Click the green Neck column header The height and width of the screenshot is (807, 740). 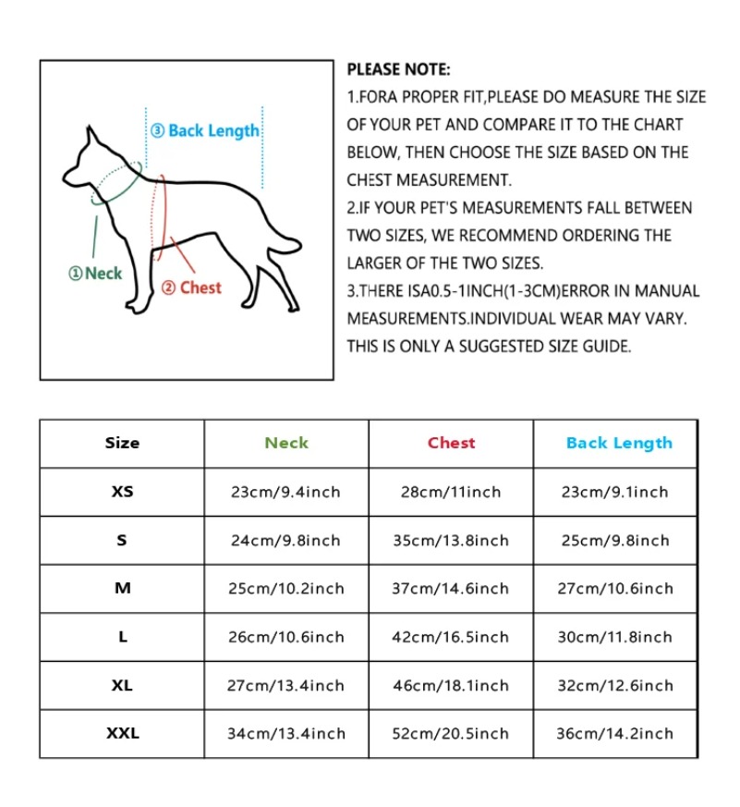(x=286, y=443)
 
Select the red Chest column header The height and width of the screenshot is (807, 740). (x=451, y=443)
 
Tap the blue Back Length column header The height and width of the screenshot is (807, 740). (x=619, y=443)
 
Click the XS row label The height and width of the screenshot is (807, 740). (x=122, y=492)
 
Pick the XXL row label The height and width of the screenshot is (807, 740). (x=122, y=733)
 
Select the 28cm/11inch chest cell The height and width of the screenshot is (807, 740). (x=451, y=492)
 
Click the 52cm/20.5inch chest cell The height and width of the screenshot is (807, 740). (x=451, y=733)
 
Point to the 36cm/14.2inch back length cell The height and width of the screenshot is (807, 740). (x=615, y=733)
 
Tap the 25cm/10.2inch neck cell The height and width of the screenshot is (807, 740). (x=286, y=589)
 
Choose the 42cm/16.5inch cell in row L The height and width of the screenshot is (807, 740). (x=451, y=637)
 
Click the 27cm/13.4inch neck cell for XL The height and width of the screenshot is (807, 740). (x=286, y=685)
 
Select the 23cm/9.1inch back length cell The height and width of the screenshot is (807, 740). (x=615, y=492)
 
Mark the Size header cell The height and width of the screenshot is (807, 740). (x=122, y=443)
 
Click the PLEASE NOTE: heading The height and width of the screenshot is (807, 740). (x=398, y=69)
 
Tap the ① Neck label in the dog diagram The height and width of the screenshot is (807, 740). (x=96, y=274)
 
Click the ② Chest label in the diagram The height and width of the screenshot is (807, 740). (x=191, y=287)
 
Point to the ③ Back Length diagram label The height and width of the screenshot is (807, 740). (x=205, y=131)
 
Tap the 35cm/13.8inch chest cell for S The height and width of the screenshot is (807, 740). (x=451, y=541)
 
